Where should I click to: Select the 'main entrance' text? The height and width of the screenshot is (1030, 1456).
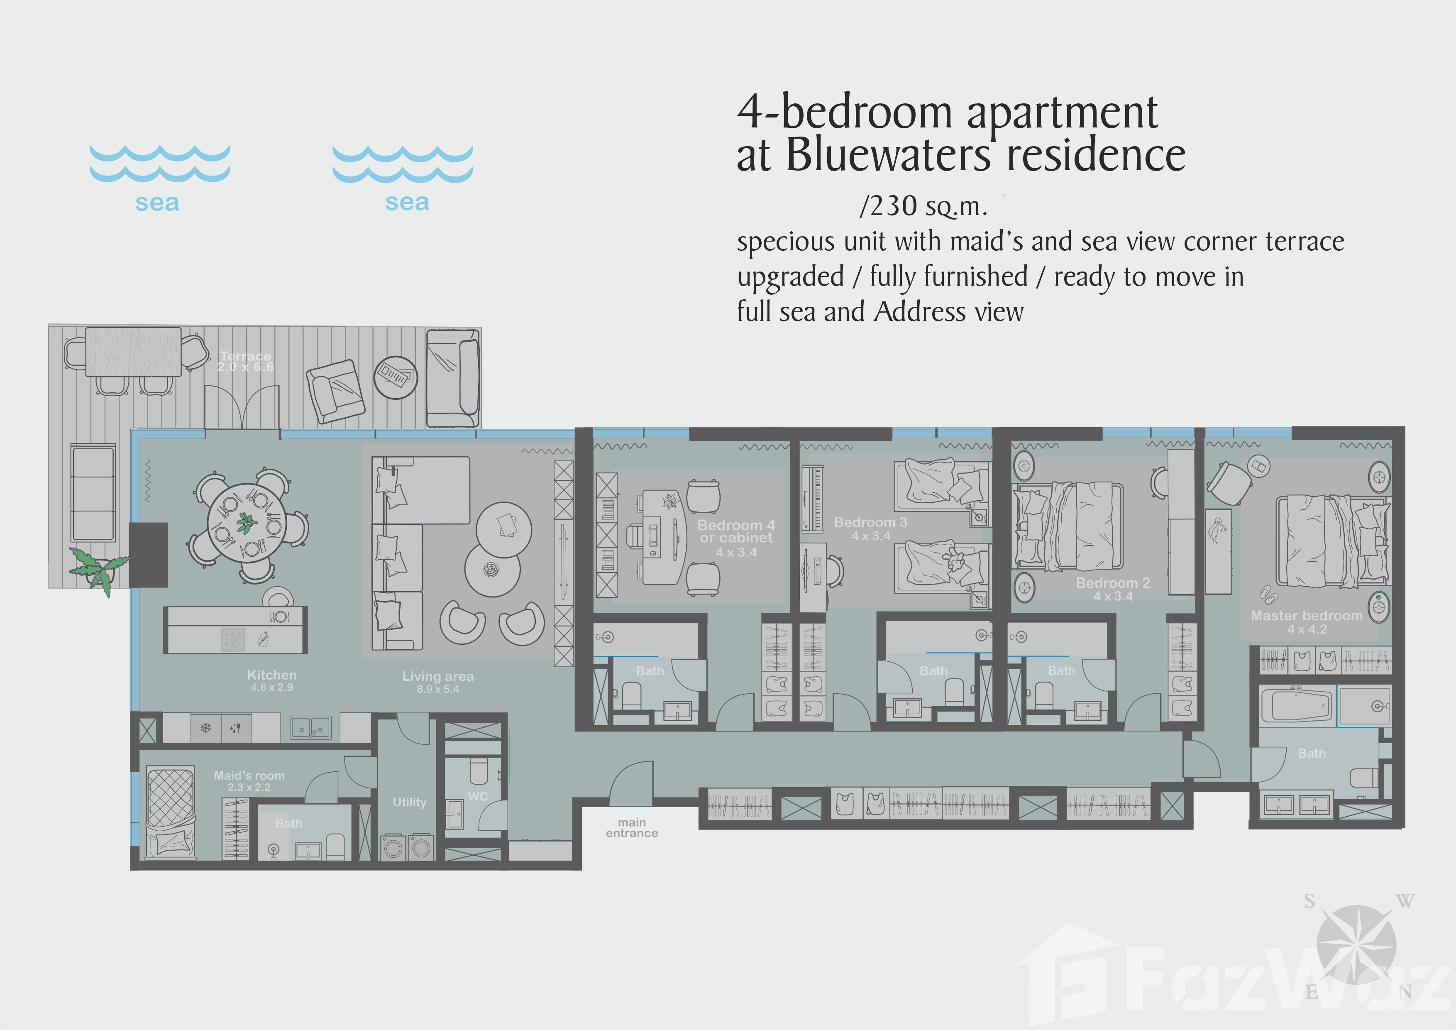[632, 828]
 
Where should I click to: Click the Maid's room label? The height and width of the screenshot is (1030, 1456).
[249, 781]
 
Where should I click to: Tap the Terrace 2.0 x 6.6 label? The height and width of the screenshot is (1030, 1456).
[245, 362]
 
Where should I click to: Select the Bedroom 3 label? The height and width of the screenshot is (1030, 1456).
[871, 529]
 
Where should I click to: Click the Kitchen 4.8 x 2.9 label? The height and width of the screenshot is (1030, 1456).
[272, 680]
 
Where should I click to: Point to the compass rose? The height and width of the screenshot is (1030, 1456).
[1356, 945]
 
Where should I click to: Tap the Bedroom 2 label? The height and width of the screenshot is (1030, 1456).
[1113, 589]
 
